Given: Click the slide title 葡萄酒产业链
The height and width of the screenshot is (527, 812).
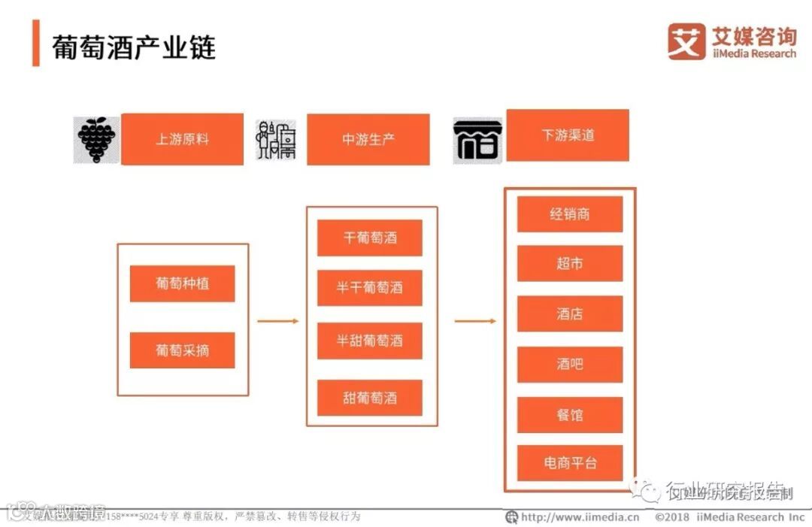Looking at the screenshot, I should (x=134, y=47).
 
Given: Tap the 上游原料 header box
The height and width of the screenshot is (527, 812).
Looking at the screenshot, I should (x=182, y=139).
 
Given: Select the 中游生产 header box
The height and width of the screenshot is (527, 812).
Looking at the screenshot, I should (x=368, y=139).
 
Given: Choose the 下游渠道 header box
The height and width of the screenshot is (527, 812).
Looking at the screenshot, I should (x=568, y=135).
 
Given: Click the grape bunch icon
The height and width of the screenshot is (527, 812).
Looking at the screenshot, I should (x=97, y=139).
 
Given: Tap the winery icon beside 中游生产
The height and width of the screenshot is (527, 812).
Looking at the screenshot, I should (x=277, y=140).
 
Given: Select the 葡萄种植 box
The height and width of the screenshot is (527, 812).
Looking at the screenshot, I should (x=182, y=283).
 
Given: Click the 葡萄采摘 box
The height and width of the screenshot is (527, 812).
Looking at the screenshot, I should (x=182, y=350).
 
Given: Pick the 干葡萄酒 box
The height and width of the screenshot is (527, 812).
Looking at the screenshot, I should (x=370, y=238).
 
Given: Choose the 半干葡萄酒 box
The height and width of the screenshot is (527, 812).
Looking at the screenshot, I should (x=370, y=288).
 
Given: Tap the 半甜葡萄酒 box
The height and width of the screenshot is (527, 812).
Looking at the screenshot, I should (x=370, y=341).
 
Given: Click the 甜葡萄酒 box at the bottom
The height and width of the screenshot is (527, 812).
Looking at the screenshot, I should (x=370, y=398).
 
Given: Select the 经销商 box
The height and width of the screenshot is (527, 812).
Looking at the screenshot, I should (x=570, y=214).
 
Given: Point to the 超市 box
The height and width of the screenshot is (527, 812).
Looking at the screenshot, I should (x=570, y=264).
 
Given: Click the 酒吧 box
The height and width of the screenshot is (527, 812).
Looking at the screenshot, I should (x=570, y=365).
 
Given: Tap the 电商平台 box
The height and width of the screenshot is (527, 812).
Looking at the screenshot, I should (x=570, y=463).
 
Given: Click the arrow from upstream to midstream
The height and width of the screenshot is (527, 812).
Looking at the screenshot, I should (x=277, y=321).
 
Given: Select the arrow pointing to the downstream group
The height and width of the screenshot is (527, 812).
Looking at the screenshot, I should (x=475, y=321).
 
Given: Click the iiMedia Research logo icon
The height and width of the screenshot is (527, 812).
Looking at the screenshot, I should (x=686, y=42).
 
